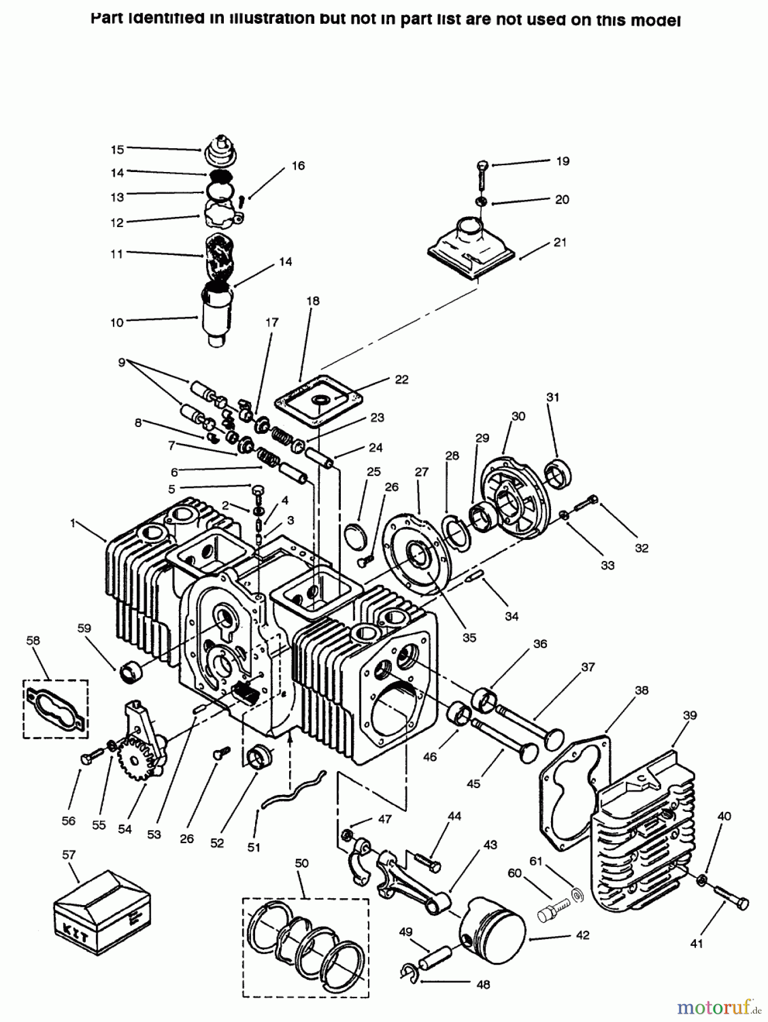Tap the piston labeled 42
[x=493, y=920]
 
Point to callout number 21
[x=560, y=242]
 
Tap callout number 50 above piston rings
[x=302, y=863]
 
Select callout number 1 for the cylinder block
[x=73, y=523]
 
